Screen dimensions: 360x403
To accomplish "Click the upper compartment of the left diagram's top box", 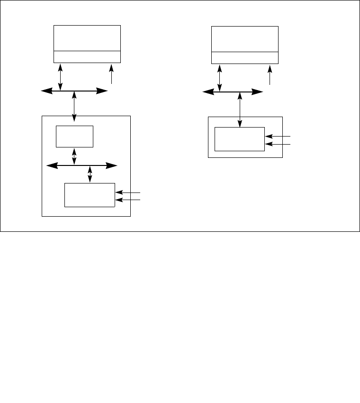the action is [x=87, y=38].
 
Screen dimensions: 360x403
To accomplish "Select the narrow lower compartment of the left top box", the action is [x=87, y=56].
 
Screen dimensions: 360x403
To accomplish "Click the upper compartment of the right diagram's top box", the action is [x=244, y=38].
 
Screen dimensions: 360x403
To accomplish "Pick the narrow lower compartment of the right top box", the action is [x=244, y=57].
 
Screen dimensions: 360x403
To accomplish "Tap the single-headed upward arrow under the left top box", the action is [x=112, y=74].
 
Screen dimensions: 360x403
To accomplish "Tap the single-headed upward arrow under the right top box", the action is [x=270, y=75].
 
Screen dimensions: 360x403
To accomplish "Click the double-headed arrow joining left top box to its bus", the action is [x=61, y=77].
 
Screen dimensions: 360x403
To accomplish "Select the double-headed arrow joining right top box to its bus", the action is [x=220, y=77].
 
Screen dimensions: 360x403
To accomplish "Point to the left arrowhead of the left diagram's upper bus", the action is [x=45, y=91].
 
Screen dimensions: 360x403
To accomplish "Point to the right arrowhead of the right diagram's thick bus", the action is [x=259, y=92].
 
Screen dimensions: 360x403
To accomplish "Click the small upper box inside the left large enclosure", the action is [x=75, y=137].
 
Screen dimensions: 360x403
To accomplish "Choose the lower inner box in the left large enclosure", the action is [x=90, y=194].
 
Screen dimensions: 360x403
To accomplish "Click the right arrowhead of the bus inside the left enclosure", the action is [x=112, y=165].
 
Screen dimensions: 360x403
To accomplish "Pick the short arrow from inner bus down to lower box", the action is [x=90, y=174].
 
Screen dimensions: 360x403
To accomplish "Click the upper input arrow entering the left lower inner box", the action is [x=128, y=192].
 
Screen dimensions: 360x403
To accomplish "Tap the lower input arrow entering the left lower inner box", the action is [x=128, y=200].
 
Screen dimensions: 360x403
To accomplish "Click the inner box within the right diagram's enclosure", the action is [x=239, y=139].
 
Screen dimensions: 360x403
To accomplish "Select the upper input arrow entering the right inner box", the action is [x=277, y=136].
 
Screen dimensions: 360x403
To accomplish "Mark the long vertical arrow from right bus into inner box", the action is [x=240, y=109].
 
